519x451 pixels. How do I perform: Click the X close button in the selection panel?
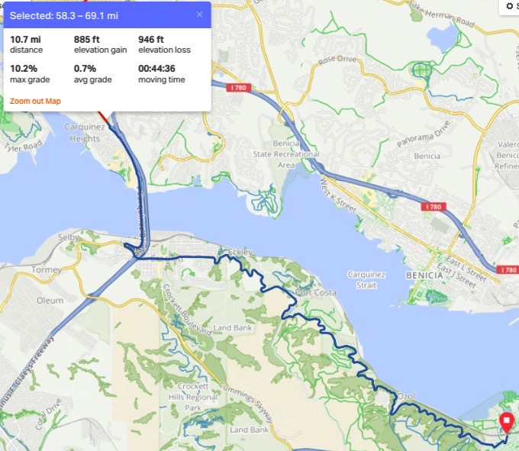[200, 14]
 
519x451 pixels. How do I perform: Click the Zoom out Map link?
[35, 101]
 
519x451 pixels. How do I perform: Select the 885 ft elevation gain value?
[86, 39]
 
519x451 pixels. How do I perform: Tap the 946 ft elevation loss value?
[151, 39]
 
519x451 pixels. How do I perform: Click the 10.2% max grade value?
[25, 69]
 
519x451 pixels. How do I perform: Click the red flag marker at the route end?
[506, 422]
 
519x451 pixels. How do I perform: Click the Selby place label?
[69, 238]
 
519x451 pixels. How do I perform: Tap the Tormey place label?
[47, 270]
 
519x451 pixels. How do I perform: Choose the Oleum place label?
[50, 301]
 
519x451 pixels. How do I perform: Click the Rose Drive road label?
[337, 59]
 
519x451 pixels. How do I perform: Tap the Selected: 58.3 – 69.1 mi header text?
[64, 14]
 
